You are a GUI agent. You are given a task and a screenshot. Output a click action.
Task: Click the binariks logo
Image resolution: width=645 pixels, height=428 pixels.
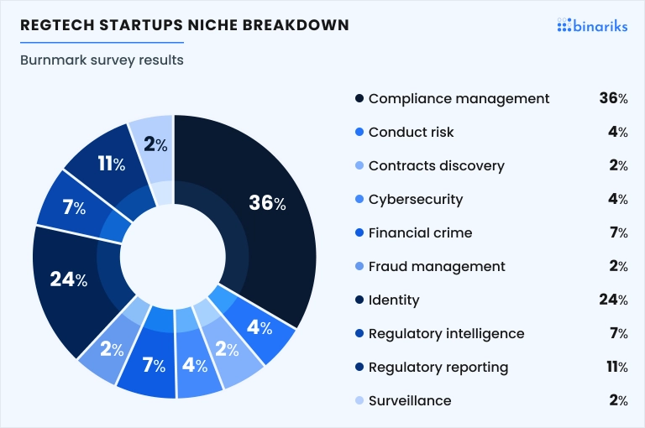pos(592,25)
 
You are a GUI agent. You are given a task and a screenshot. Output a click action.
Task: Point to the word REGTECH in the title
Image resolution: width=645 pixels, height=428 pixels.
pos(58,25)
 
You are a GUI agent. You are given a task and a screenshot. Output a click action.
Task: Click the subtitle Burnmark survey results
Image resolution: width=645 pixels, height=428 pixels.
pos(102,60)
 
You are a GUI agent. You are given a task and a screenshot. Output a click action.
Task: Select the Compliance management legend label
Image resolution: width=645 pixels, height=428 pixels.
pos(459,99)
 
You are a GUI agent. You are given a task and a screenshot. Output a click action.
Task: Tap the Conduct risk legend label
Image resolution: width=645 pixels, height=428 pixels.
pos(411,132)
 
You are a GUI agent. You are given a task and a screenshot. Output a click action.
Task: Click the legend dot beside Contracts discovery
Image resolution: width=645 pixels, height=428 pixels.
pos(359,165)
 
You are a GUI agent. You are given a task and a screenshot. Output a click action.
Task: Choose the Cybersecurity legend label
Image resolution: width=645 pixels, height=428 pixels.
pos(416,200)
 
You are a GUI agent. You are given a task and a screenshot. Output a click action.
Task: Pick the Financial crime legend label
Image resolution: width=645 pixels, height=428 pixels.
pos(420,232)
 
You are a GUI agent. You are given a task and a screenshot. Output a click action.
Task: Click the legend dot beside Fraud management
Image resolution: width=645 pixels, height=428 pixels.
pos(359,266)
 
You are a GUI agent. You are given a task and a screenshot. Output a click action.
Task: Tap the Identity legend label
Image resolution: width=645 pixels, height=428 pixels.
pos(394,300)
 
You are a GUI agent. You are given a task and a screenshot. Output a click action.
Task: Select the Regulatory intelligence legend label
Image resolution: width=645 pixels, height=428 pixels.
pos(446,333)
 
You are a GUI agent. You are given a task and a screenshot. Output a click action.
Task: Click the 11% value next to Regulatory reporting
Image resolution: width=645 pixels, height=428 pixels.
pos(617,367)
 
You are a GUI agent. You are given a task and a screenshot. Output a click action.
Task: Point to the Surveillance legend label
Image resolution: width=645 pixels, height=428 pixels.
pos(410,400)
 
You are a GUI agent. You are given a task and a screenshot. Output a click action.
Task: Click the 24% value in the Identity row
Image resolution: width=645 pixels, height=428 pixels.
pos(613,300)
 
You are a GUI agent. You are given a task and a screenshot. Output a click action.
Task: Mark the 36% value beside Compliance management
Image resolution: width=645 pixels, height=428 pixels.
pos(613,98)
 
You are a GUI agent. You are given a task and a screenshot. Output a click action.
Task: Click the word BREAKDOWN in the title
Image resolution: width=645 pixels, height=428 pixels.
pos(296,25)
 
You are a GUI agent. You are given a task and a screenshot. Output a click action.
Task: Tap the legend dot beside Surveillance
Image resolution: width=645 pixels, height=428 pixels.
pos(359,400)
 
